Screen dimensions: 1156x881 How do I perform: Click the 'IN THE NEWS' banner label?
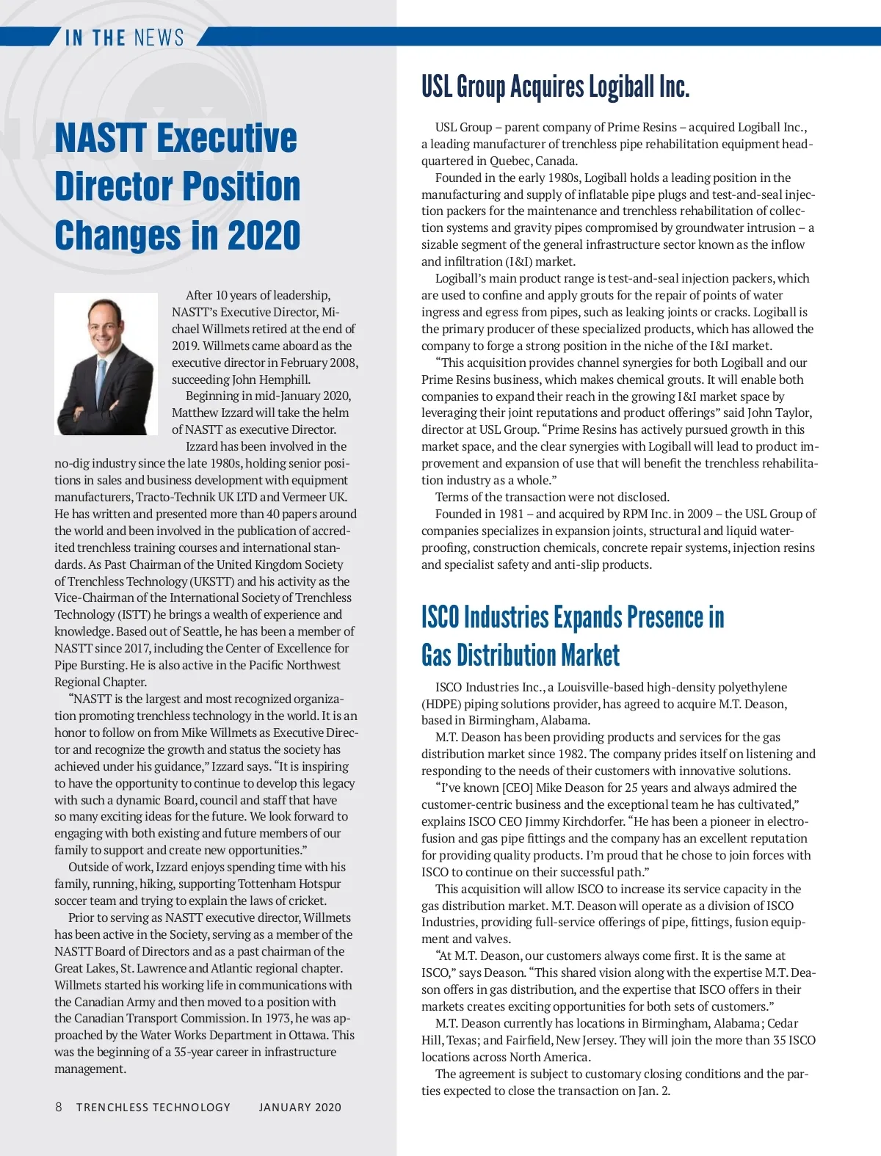tap(124, 37)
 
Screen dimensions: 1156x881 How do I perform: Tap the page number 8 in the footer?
tap(59, 1107)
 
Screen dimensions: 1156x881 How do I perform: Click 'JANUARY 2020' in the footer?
tap(300, 1108)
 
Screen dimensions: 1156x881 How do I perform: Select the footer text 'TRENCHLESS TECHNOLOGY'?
tap(153, 1108)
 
